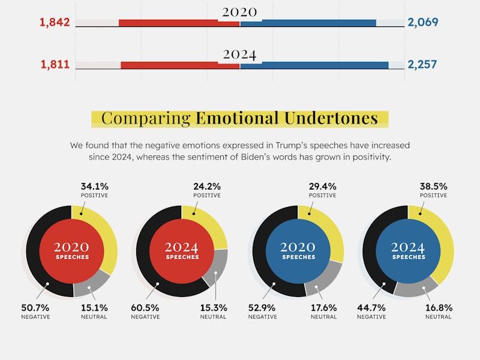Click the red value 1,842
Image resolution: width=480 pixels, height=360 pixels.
(55, 23)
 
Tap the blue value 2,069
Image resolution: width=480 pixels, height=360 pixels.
(423, 23)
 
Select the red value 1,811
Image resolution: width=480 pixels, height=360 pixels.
(55, 65)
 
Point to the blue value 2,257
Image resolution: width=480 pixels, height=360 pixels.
(423, 65)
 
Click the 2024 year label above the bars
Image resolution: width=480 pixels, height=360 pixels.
(239, 55)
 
